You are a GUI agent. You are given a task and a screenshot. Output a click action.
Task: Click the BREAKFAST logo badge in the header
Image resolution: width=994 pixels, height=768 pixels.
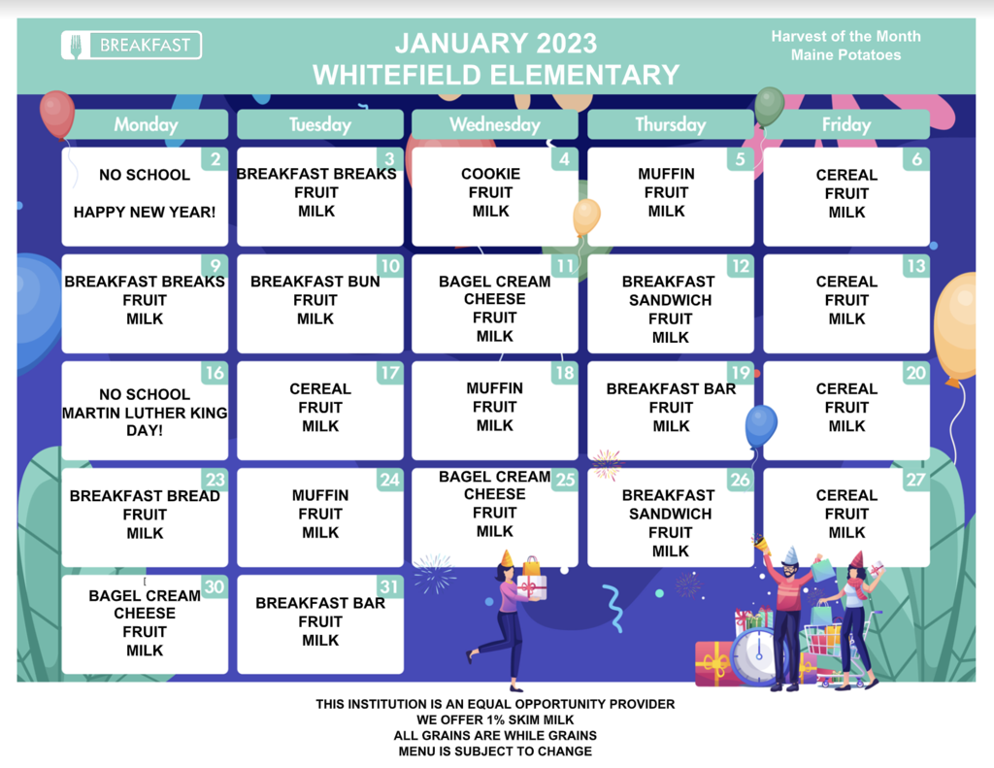coord(131,45)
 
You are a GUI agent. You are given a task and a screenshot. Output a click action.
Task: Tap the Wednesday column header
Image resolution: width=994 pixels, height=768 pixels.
coord(494,124)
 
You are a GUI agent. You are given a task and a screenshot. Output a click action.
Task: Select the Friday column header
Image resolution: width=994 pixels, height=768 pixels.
coord(846,124)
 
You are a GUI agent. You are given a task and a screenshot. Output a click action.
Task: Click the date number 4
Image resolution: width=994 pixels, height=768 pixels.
coord(564,159)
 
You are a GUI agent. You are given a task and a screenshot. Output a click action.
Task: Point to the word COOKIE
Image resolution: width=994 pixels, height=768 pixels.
coord(490,174)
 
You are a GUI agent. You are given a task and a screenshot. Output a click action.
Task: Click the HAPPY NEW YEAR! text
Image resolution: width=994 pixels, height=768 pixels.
coord(145,212)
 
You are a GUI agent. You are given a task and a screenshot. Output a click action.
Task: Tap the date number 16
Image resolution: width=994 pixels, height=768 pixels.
coord(215,373)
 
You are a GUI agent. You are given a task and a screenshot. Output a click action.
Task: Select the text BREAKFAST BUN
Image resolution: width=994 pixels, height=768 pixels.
coord(315,281)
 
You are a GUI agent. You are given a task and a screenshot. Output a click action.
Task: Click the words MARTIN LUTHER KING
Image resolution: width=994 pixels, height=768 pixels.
coord(145,413)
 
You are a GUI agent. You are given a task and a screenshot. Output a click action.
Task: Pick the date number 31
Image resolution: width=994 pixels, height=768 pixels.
coord(389,586)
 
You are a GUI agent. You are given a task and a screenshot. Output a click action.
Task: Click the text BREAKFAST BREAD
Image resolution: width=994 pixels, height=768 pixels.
coord(145,496)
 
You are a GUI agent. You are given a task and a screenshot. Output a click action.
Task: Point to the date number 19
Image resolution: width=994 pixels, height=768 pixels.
coord(741,372)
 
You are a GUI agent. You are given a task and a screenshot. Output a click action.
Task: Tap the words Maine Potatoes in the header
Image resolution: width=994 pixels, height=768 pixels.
coord(845,55)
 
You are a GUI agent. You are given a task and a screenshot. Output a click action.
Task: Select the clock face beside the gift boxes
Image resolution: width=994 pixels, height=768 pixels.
coord(757,655)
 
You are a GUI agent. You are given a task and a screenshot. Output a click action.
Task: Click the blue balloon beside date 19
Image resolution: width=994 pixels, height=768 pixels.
coord(761,426)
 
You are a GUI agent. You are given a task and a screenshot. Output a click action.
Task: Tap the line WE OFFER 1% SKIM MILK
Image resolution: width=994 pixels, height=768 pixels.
coord(495,719)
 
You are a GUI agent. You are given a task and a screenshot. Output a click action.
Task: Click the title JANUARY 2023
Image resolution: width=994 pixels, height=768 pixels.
coord(496,43)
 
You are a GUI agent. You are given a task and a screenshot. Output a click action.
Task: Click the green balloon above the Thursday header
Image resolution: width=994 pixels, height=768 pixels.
coord(769,107)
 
